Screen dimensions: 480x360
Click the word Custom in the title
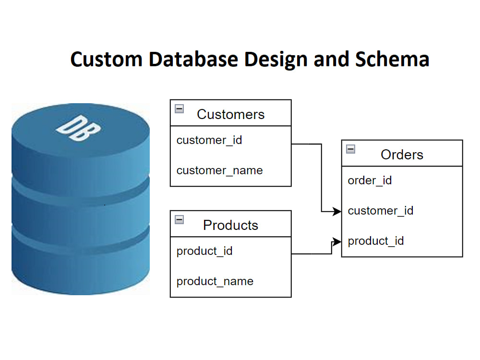pos(107,59)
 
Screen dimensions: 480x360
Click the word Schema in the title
pos(392,59)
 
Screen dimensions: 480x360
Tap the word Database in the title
pos(193,59)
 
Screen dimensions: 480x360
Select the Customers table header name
pos(230,114)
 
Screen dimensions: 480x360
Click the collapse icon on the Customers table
pos(180,108)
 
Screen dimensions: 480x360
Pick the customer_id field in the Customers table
pos(209,140)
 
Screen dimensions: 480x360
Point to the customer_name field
pos(219,170)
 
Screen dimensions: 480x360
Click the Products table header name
pos(230,225)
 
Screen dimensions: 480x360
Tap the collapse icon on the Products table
pos(180,219)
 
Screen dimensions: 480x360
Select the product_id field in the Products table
pos(204,251)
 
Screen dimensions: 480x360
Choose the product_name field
pos(215,281)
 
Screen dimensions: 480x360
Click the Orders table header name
pos(402,155)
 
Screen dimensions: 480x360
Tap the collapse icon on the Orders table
pos(350,149)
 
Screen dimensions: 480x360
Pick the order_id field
pos(370,180)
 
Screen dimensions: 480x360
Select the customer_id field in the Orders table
pos(381,211)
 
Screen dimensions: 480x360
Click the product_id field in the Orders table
pos(376,241)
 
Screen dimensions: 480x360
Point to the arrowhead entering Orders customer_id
pos(337,211)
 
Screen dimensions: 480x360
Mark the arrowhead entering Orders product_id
pos(337,242)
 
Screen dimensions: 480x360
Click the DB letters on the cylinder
pos(78,128)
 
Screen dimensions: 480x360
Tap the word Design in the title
pos(276,59)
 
